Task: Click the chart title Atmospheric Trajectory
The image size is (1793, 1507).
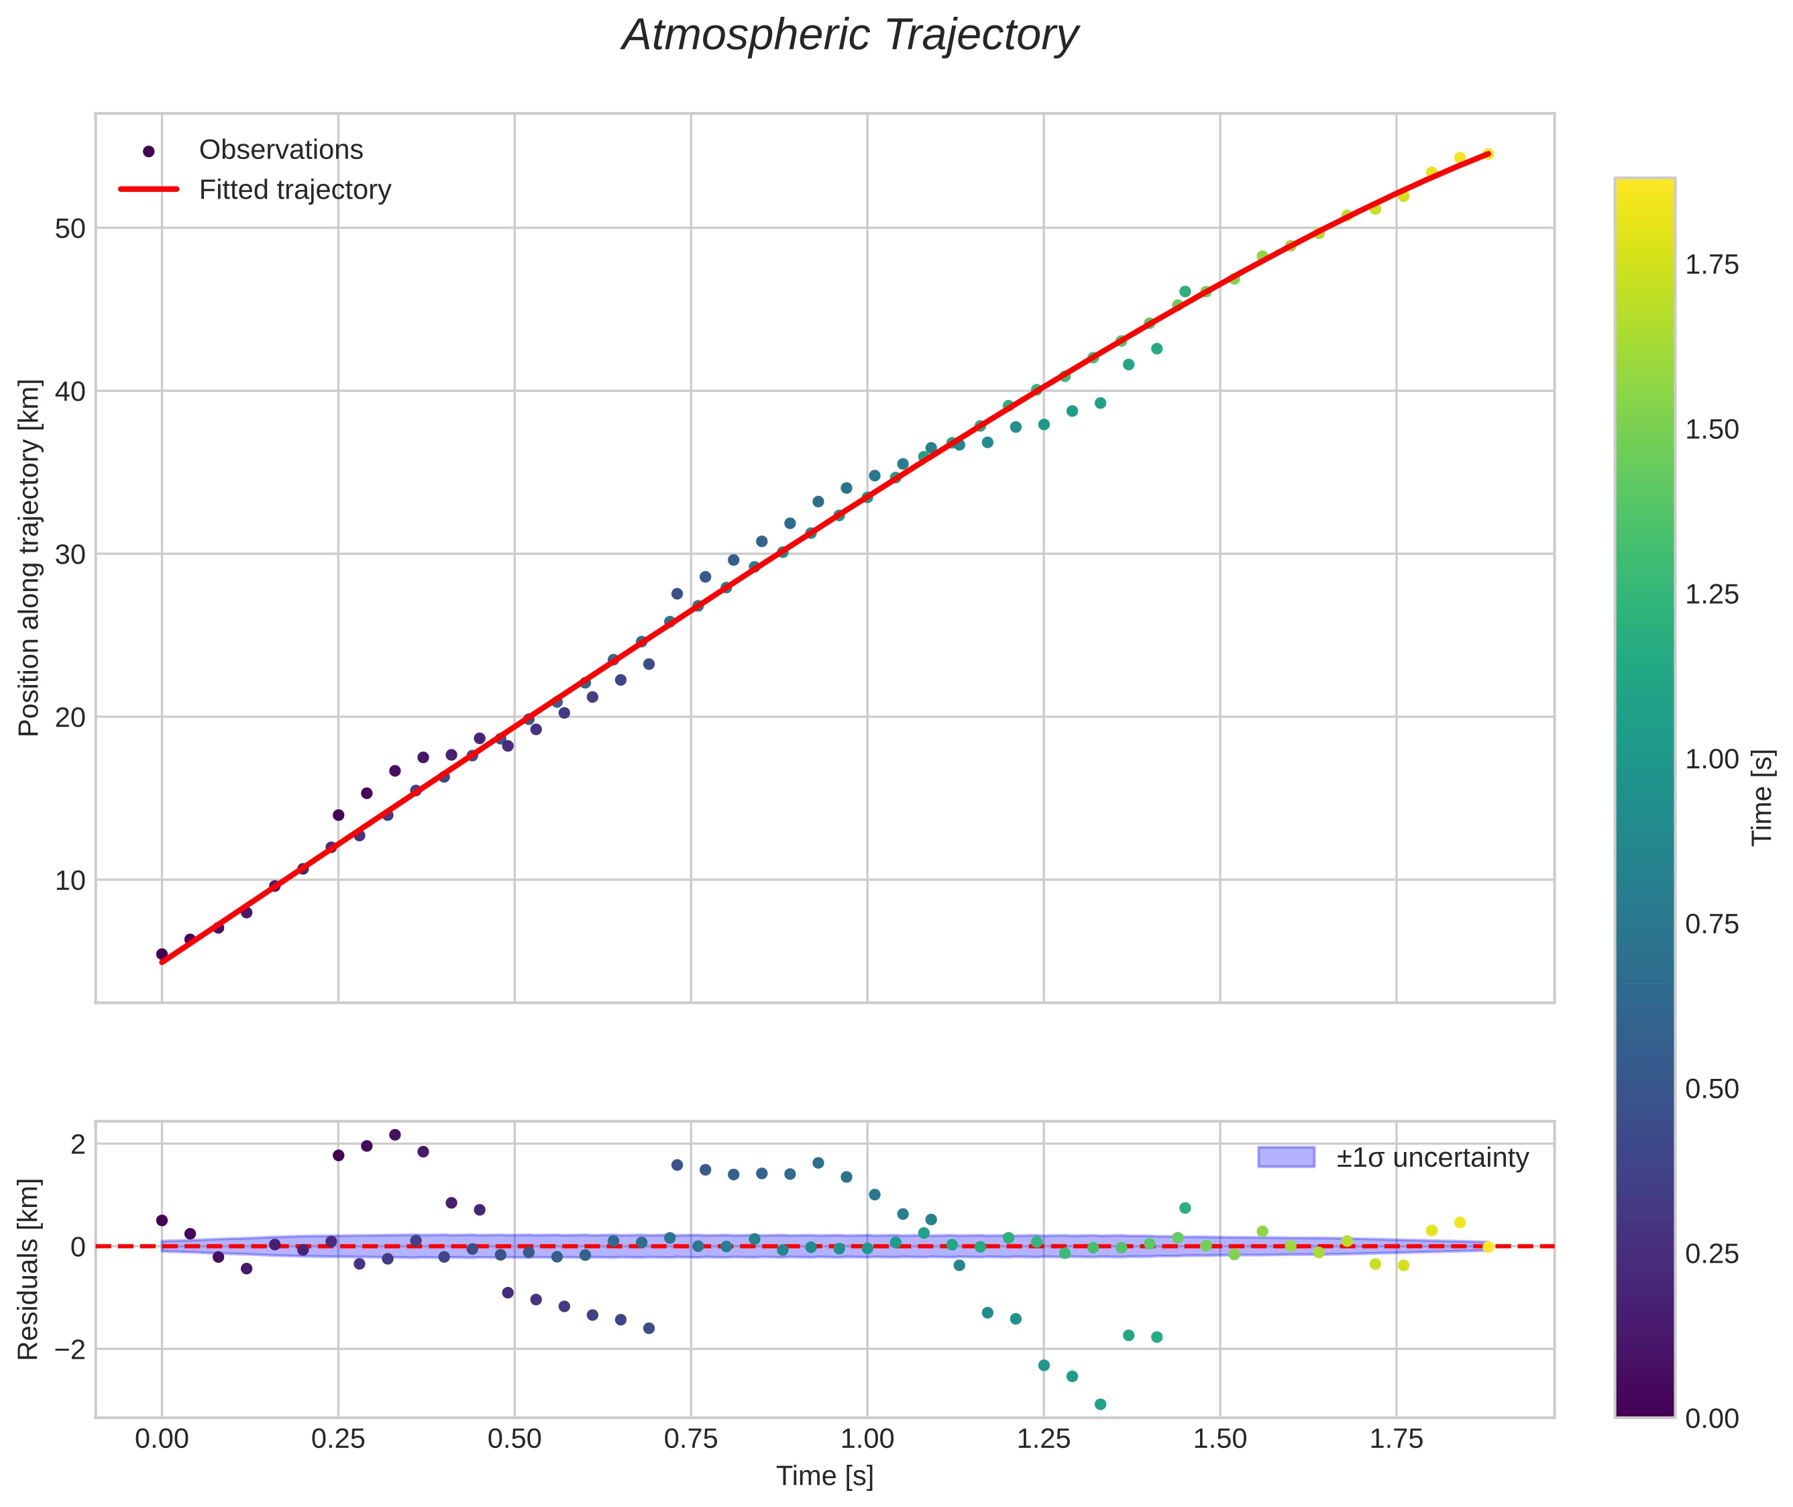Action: [x=850, y=36]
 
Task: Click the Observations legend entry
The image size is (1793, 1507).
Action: [x=280, y=150]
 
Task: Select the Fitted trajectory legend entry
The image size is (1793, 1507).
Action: [x=294, y=190]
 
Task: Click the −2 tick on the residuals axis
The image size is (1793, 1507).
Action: [x=65, y=1350]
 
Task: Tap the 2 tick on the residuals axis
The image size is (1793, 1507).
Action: [x=78, y=1145]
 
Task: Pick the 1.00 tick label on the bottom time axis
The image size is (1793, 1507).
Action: [x=867, y=1439]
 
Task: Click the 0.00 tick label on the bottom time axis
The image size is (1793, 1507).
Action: [x=162, y=1439]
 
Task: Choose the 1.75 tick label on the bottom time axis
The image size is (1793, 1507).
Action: [x=1396, y=1439]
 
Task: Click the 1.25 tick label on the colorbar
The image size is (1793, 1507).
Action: [x=1711, y=594]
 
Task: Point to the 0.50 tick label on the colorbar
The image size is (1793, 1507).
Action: [x=1711, y=1089]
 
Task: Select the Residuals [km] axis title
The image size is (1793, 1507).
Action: [x=29, y=1269]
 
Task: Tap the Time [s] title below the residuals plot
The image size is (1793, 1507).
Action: [x=824, y=1476]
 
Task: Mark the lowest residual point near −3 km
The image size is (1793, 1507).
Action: [x=1100, y=1404]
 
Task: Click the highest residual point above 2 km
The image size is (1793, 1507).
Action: [x=394, y=1135]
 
